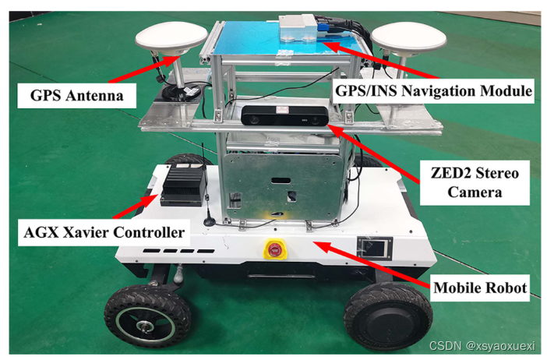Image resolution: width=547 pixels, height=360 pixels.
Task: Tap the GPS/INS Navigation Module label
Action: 433,91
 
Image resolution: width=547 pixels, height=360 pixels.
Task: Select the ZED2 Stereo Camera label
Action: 471,180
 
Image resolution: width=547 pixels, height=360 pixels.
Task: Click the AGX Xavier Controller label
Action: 101,231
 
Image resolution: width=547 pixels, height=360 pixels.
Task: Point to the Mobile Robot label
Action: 478,288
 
